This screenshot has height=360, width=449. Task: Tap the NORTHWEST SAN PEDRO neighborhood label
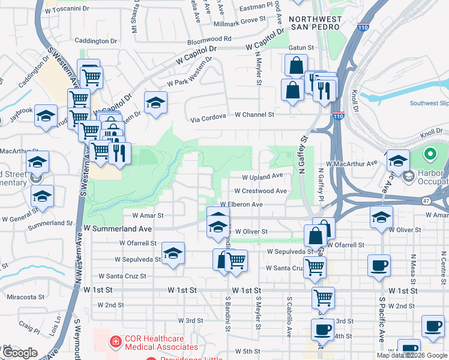316,24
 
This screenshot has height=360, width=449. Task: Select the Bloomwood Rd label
209,38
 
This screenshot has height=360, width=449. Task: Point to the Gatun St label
303,47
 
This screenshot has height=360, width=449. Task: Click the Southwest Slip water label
429,103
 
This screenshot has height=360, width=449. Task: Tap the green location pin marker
430,155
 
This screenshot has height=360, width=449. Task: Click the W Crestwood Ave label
260,191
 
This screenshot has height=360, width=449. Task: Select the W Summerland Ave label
118,229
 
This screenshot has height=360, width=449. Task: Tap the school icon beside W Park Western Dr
155,103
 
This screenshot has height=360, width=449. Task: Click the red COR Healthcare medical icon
113,342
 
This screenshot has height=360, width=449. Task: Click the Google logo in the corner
20,353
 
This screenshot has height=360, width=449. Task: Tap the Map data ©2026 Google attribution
411,355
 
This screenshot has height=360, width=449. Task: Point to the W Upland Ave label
262,176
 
